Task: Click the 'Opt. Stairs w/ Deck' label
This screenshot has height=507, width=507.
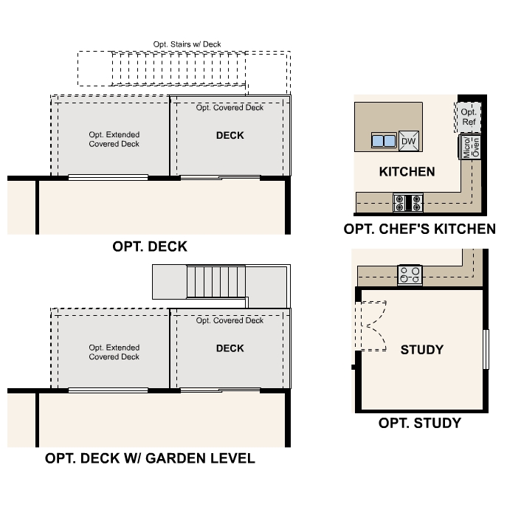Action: point(187,45)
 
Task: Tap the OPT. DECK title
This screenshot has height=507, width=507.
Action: point(150,246)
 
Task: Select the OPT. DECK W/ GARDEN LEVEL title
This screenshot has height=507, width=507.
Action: point(150,458)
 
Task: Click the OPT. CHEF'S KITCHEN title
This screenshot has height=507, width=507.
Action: point(419,230)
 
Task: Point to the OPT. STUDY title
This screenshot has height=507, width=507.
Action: point(419,423)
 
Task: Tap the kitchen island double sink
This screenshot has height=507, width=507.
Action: point(384,140)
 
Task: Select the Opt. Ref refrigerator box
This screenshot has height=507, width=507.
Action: point(469,117)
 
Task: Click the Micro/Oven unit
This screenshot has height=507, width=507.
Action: point(470,147)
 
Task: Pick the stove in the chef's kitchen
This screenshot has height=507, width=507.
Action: point(407,201)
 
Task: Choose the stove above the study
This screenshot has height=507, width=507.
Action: point(411,275)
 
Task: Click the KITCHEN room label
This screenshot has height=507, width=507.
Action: point(407,172)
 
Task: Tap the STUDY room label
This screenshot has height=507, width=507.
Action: point(421,349)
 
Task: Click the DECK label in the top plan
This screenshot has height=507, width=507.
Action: point(230,136)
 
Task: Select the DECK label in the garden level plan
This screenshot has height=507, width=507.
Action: point(230,348)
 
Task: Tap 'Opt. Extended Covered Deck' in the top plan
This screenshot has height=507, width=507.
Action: point(114,139)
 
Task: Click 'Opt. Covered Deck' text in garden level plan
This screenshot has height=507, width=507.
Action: point(230,320)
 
